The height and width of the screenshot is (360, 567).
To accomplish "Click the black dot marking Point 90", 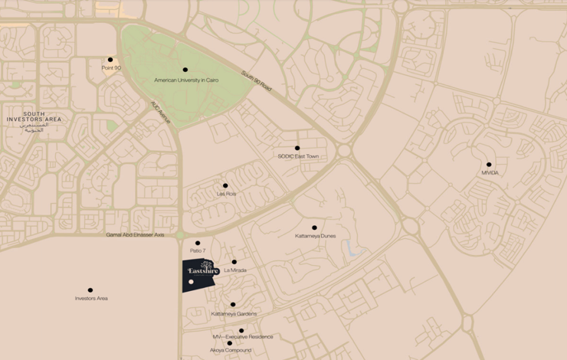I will click(110, 59).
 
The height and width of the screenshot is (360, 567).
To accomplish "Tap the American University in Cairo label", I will click(186, 80).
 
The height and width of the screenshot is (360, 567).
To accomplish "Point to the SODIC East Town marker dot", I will click(297, 148).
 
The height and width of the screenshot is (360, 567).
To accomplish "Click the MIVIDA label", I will click(490, 173).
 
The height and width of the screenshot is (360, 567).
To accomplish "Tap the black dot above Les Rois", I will click(225, 185).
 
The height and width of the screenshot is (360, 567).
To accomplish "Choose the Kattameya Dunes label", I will click(315, 236).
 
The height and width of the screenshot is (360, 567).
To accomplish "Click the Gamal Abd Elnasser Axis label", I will click(136, 234).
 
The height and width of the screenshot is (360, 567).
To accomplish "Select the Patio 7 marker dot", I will click(198, 243).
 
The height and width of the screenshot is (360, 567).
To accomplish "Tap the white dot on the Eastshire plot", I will click(191, 282).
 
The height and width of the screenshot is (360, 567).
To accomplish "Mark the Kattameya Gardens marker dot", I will click(233, 304).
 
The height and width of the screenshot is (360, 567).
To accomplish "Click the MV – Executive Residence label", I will click(242, 337).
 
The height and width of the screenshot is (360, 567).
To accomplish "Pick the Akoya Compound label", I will click(230, 351).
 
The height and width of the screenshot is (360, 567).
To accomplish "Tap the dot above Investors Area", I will click(90, 290).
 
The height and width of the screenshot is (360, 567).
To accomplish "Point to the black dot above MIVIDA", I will click(489, 164).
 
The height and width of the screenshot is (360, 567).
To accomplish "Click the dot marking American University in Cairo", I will click(185, 70).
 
